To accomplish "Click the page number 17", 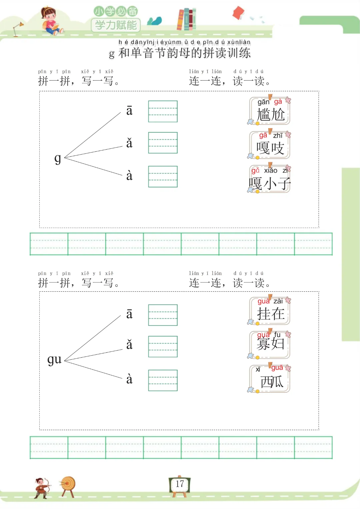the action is point(180,484).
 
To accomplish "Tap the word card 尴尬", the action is point(270,111).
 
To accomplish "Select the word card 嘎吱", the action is point(270,145).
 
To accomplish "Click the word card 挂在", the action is point(270,311).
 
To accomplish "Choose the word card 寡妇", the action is point(270,344).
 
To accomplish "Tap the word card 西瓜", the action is point(270,379).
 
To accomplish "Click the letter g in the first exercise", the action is point(58,158).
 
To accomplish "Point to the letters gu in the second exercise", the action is point(54,359).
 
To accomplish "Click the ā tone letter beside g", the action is point(129,111).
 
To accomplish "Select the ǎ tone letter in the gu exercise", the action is point(129,345).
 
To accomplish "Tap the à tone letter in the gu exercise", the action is point(129,379).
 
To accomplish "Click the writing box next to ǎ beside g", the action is point(163,143).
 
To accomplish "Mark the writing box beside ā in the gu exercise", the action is point(163,315).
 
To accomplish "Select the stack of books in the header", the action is point(186,19).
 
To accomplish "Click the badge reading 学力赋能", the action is point(116,25).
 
